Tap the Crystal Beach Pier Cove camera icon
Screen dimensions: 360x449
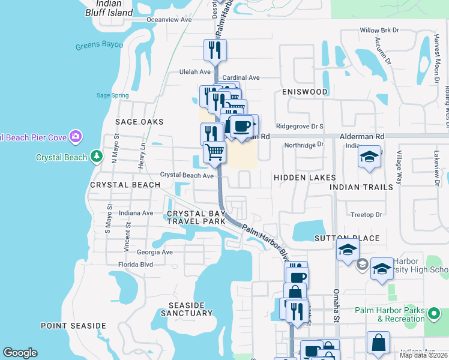pyautogui.click(x=75, y=137)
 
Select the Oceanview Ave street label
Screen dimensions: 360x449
pyautogui.click(x=169, y=19)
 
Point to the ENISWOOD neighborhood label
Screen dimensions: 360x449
pyautogui.click(x=305, y=92)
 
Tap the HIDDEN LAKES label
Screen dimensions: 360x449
pyautogui.click(x=301, y=178)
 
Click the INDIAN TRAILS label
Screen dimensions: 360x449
pyautogui.click(x=361, y=187)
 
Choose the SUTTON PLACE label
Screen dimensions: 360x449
pyautogui.click(x=347, y=238)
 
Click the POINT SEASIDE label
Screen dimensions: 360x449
pyautogui.click(x=73, y=326)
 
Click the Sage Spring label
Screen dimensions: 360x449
pyautogui.click(x=112, y=95)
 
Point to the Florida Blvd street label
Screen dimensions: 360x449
pyautogui.click(x=135, y=264)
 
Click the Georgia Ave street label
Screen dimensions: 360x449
pyautogui.click(x=154, y=253)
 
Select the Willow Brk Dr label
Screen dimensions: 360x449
pyautogui.click(x=379, y=30)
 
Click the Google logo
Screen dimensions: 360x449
pyautogui.click(x=20, y=353)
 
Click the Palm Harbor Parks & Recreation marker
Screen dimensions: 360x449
pyautogui.click(x=434, y=312)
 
